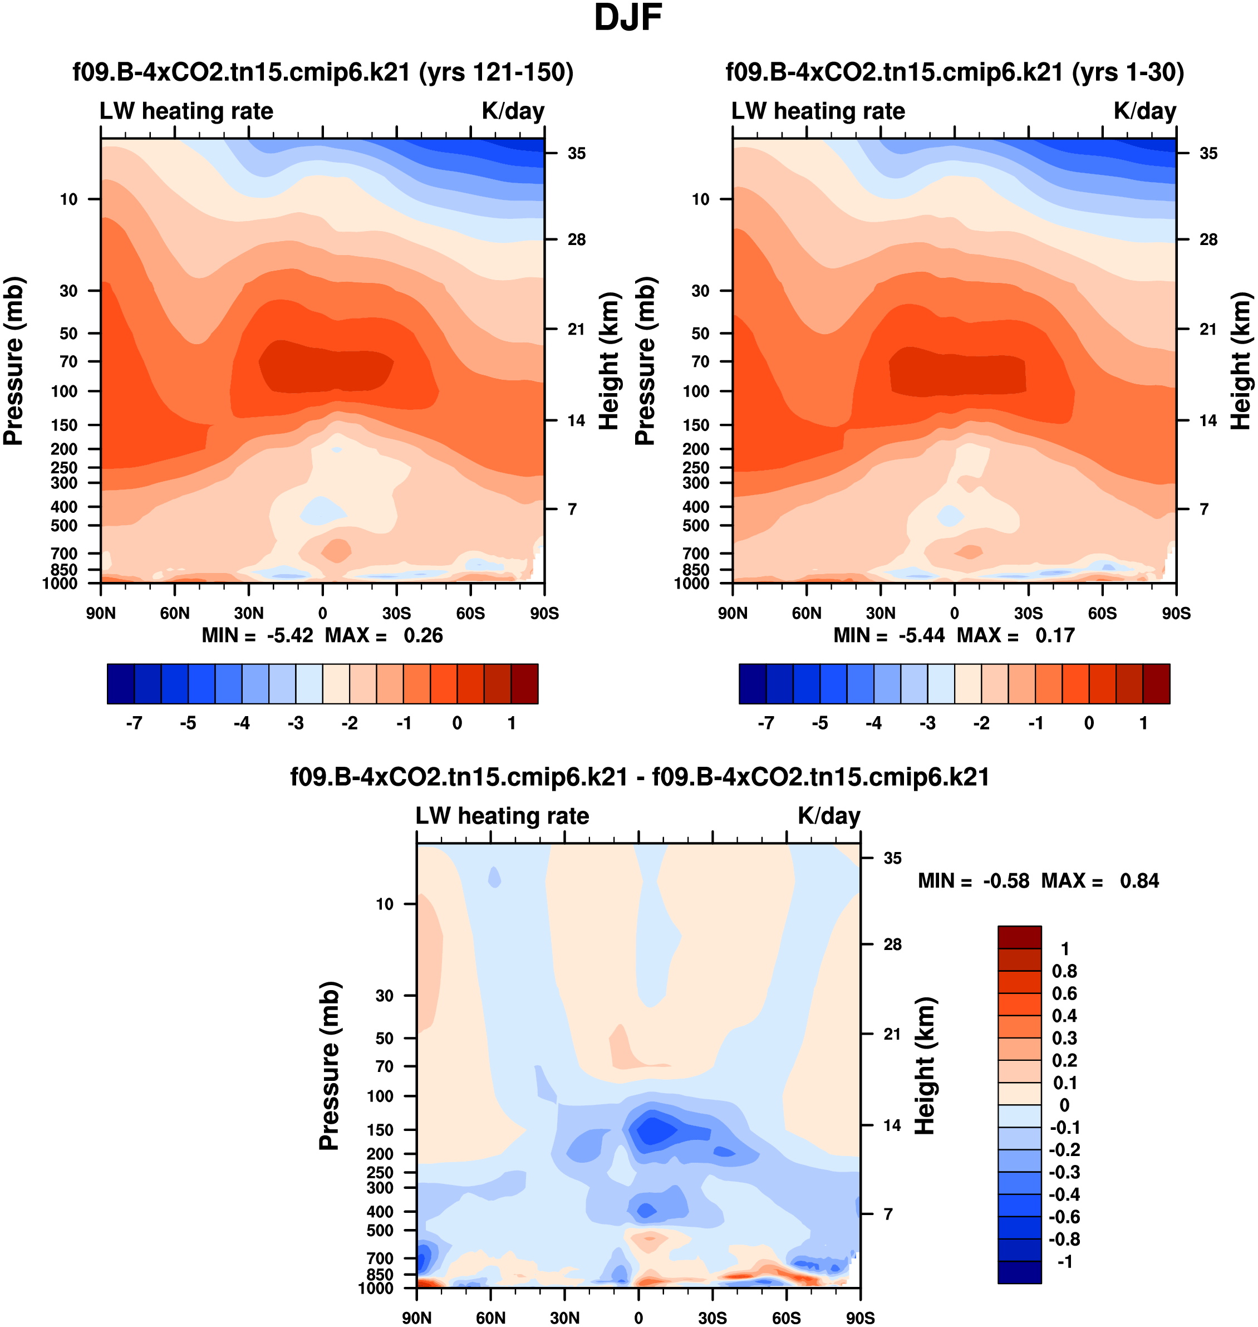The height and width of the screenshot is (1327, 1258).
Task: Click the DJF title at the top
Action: point(628,18)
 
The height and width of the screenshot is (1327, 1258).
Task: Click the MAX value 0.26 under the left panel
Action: point(423,635)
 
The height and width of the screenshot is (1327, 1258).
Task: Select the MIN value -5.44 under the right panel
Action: point(921,635)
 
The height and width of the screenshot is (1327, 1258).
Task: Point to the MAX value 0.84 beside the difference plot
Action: point(1139,881)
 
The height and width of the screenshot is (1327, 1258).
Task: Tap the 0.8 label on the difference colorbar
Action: point(1064,971)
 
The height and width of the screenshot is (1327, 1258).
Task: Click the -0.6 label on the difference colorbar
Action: point(1064,1217)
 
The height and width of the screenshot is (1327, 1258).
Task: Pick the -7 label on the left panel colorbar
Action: point(134,723)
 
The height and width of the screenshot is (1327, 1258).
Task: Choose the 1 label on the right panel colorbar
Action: point(1143,723)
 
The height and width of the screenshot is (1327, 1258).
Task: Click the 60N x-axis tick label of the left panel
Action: point(175,613)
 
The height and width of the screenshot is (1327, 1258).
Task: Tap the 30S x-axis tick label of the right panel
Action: point(1028,613)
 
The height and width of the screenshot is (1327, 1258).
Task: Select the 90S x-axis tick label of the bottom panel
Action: point(859,1318)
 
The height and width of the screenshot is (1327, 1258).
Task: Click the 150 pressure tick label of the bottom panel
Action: point(380,1130)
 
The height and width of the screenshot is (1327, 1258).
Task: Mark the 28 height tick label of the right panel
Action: point(1208,239)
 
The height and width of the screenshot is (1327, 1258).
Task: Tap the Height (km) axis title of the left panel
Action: point(608,361)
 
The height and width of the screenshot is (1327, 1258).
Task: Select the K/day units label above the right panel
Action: point(1144,111)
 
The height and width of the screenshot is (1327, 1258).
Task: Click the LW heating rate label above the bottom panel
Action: point(502,816)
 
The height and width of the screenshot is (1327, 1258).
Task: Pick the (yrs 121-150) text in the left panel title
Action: point(496,72)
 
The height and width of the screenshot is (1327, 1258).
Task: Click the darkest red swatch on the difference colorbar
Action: point(1019,937)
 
